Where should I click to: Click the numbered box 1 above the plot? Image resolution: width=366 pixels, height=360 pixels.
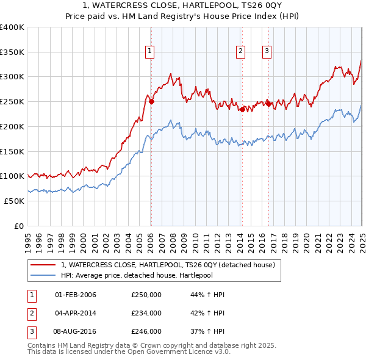click(149, 52)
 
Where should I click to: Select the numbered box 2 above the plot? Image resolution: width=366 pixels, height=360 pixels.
click(241, 52)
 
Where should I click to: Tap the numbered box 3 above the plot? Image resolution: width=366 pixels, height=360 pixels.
click(267, 52)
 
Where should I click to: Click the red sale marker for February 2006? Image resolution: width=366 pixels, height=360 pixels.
click(151, 102)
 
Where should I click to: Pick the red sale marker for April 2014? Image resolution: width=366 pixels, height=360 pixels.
click(242, 110)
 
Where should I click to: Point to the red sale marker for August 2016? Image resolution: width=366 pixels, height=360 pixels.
click(268, 104)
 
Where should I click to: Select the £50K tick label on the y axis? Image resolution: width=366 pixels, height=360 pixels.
click(14, 201)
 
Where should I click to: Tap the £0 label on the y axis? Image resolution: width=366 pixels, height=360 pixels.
click(20, 226)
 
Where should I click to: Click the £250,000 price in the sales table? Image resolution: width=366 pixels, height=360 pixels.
click(146, 295)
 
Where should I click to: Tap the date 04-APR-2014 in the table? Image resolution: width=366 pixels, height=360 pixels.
click(76, 313)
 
